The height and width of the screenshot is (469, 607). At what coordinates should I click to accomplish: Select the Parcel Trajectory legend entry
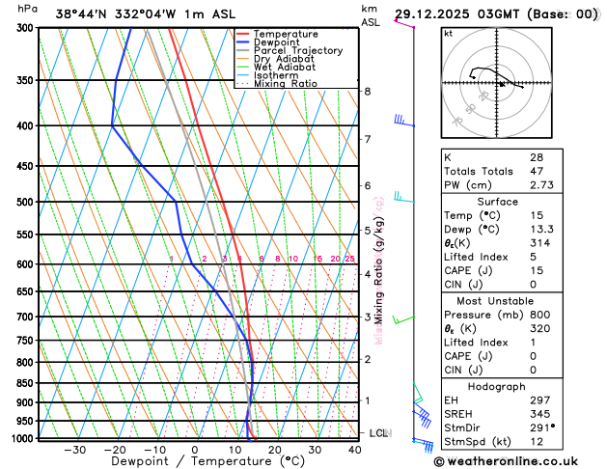297,50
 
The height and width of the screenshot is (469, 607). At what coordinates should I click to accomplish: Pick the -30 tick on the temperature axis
73,450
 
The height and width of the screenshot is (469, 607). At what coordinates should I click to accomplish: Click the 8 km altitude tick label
367,92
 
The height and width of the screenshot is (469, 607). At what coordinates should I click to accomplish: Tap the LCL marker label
378,433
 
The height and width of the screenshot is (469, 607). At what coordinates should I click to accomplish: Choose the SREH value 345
538,413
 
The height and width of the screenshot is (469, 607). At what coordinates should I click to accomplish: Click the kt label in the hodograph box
448,34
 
